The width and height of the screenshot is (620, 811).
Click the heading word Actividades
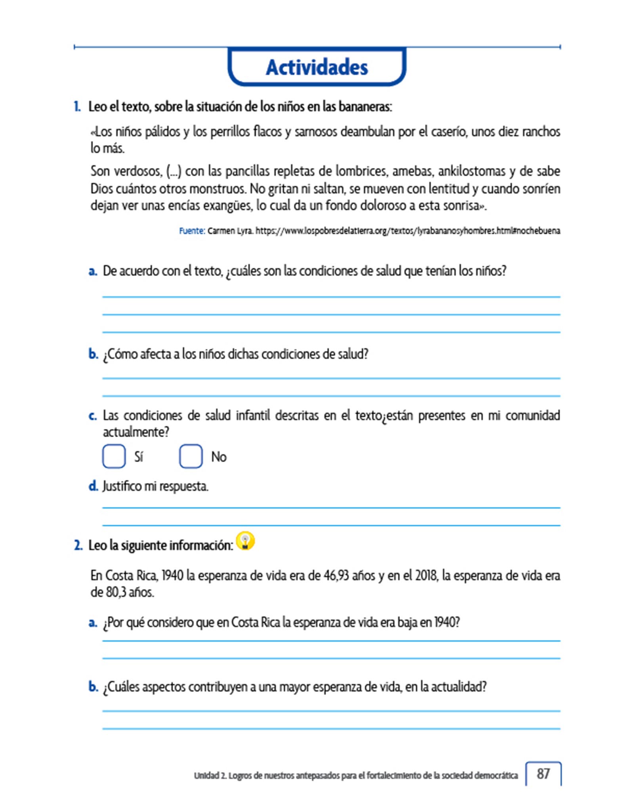pos(317,67)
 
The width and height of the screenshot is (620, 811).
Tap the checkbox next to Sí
pos(114,456)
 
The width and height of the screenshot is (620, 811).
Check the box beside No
pos(191,456)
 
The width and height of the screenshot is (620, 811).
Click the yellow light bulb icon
pos(245,541)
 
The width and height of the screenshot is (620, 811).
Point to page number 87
pos(543,773)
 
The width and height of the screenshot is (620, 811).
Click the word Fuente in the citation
pos(191,231)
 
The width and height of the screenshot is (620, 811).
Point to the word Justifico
pos(122,486)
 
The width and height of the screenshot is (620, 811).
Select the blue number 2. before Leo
pos(78,545)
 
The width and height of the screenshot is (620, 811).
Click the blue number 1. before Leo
pos(77,107)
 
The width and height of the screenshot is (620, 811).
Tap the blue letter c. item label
pos(93,416)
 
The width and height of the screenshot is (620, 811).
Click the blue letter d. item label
pos(93,486)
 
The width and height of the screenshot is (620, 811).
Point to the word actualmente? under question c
pos(136,432)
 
